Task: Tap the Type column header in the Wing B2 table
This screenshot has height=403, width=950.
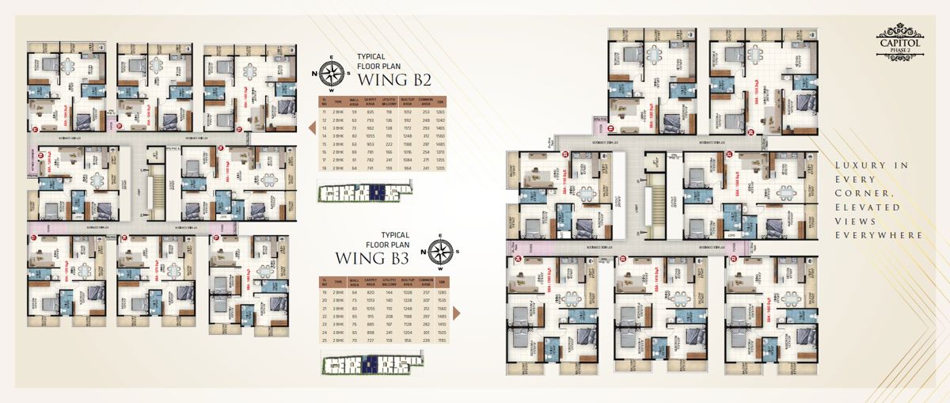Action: click(x=338, y=101)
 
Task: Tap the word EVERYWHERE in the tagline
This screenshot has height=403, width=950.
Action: click(x=879, y=235)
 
